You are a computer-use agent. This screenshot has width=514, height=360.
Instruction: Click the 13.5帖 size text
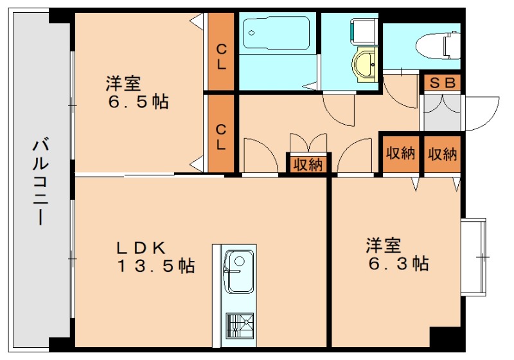click(155, 265)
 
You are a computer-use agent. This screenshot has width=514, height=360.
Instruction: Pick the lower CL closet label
click(221, 136)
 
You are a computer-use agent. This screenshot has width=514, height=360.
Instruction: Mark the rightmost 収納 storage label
click(443, 154)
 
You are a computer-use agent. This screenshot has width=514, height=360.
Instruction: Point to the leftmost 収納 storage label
click(307, 165)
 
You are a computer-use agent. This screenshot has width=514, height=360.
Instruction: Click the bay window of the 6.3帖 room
click(475, 257)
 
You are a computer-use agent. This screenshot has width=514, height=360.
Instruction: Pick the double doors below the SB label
click(441, 113)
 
